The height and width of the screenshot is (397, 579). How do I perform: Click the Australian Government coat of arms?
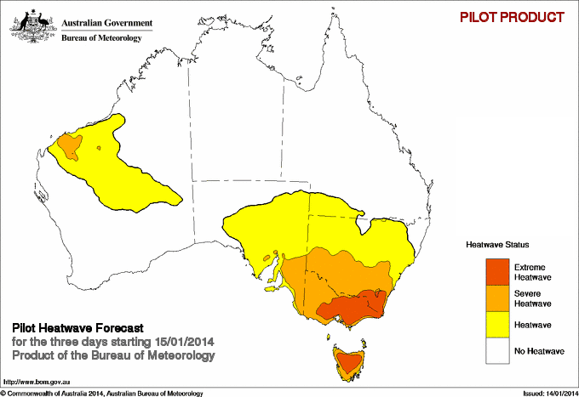33,24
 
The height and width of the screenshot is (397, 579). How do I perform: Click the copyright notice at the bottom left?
102,393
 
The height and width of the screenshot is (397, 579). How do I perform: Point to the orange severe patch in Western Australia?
68,149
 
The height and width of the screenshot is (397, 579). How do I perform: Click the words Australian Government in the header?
106,23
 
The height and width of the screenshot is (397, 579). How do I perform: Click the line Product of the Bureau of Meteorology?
112,354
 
